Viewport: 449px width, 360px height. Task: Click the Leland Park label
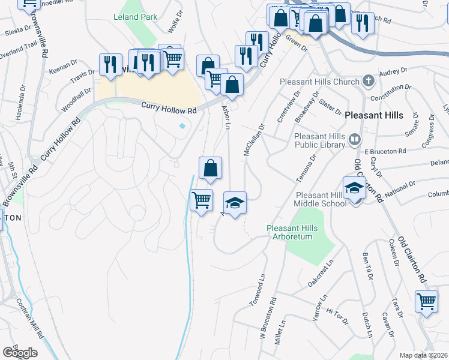point(135,17)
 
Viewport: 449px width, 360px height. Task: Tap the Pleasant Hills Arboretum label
point(289,232)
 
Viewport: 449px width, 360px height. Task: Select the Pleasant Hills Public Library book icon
point(354,140)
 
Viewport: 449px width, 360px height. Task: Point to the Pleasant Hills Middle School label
point(320,199)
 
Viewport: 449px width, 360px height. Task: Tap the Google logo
point(20,353)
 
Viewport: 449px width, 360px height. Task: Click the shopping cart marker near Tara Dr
point(426,302)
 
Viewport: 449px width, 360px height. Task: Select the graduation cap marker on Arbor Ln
point(235,203)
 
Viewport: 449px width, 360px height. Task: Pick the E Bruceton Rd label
point(385,151)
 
